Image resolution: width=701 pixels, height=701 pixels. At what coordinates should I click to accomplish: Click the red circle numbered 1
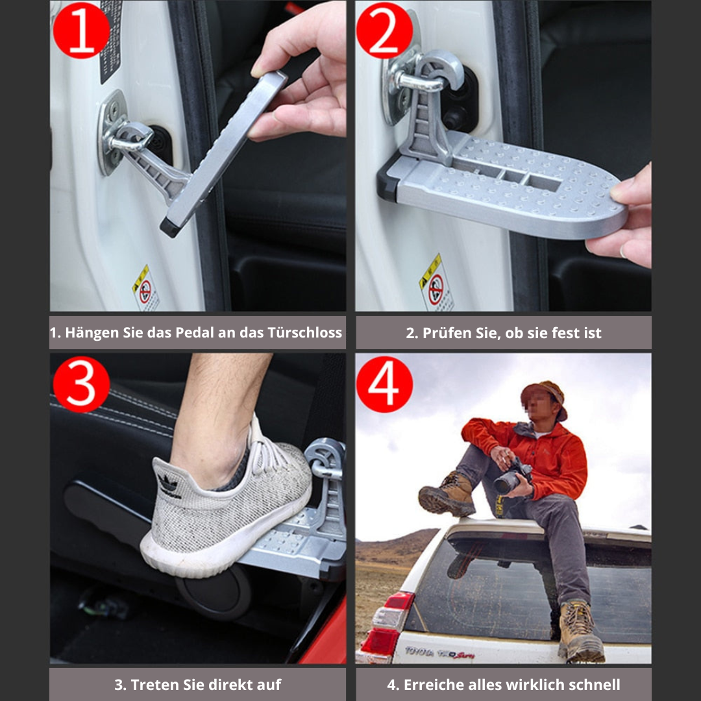(82, 29)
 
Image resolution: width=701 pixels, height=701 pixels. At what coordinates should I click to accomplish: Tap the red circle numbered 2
(384, 29)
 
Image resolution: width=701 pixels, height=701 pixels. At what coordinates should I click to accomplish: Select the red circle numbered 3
(82, 384)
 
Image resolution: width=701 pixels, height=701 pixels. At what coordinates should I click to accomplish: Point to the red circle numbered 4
(384, 384)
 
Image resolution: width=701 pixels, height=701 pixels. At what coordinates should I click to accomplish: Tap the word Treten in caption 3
(153, 684)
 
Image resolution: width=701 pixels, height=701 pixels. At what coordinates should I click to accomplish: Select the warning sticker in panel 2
(436, 283)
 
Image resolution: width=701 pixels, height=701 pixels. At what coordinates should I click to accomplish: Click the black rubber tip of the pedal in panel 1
(170, 228)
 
